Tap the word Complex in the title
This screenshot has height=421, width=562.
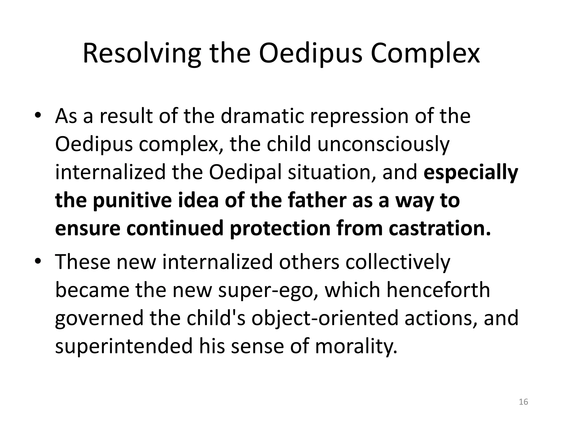[425, 53]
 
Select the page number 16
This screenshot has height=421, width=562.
[524, 402]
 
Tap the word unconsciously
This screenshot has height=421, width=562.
[383, 144]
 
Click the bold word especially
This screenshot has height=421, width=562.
[471, 172]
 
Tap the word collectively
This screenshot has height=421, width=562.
[398, 262]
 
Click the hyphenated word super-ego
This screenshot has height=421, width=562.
[266, 290]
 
